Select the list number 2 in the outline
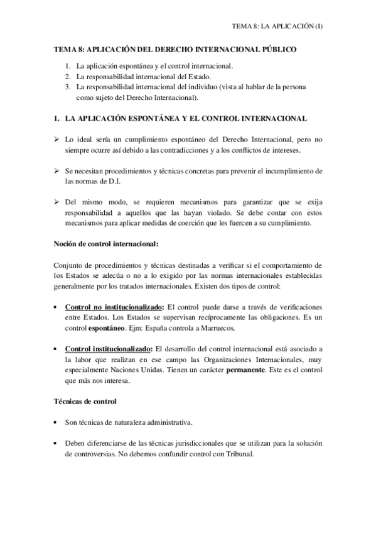(68, 76)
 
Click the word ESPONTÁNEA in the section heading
(141, 118)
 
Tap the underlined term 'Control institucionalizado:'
(108, 350)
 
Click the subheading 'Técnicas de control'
(87, 401)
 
